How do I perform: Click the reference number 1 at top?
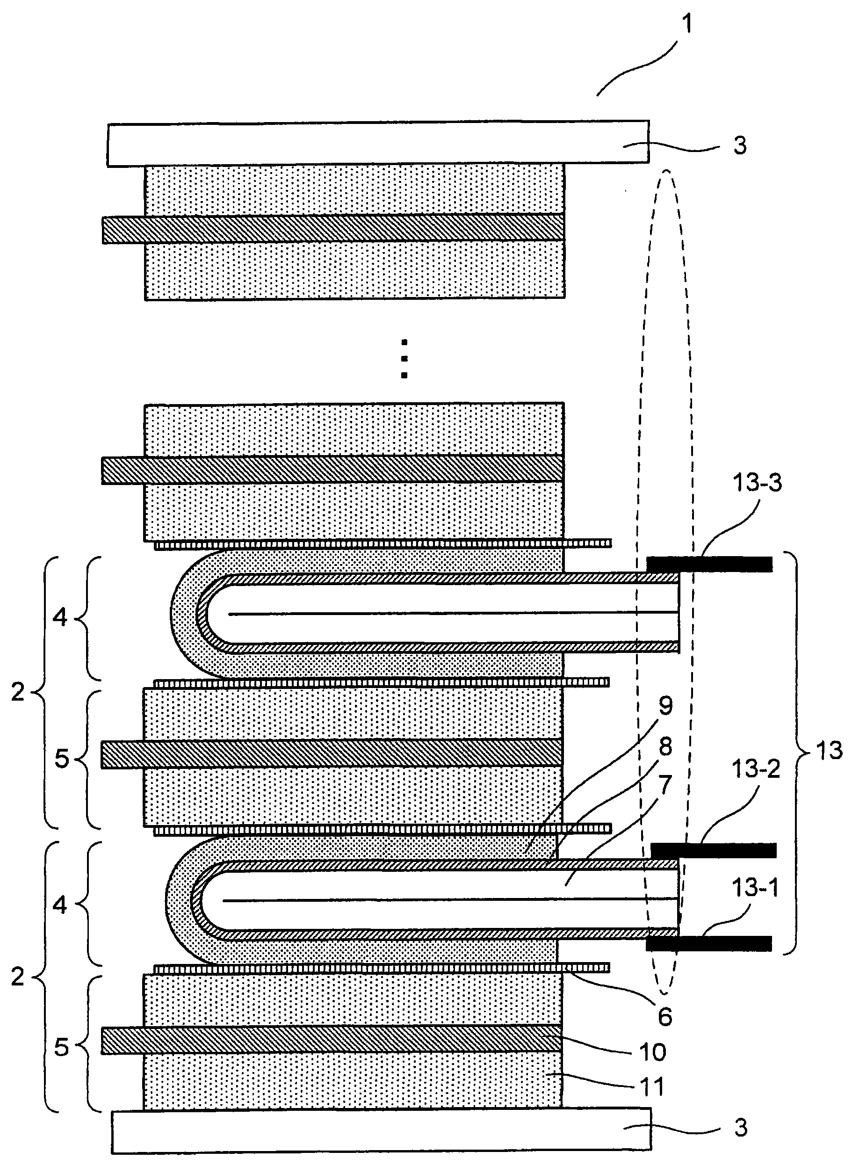click(x=687, y=24)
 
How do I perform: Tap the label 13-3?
click(x=757, y=483)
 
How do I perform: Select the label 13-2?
click(x=756, y=769)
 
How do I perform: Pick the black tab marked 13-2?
click(x=713, y=850)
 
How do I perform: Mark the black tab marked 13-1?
click(x=708, y=944)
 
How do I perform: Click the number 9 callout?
click(x=666, y=706)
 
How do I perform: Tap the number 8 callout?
click(x=666, y=746)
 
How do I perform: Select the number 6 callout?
click(x=665, y=1016)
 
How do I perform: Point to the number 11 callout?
click(x=651, y=1086)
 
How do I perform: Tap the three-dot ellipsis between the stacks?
click(x=404, y=358)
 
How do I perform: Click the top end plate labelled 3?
click(x=378, y=144)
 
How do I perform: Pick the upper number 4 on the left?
click(x=60, y=617)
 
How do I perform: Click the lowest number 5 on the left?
click(x=61, y=1047)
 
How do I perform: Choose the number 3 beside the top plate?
click(x=740, y=146)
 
